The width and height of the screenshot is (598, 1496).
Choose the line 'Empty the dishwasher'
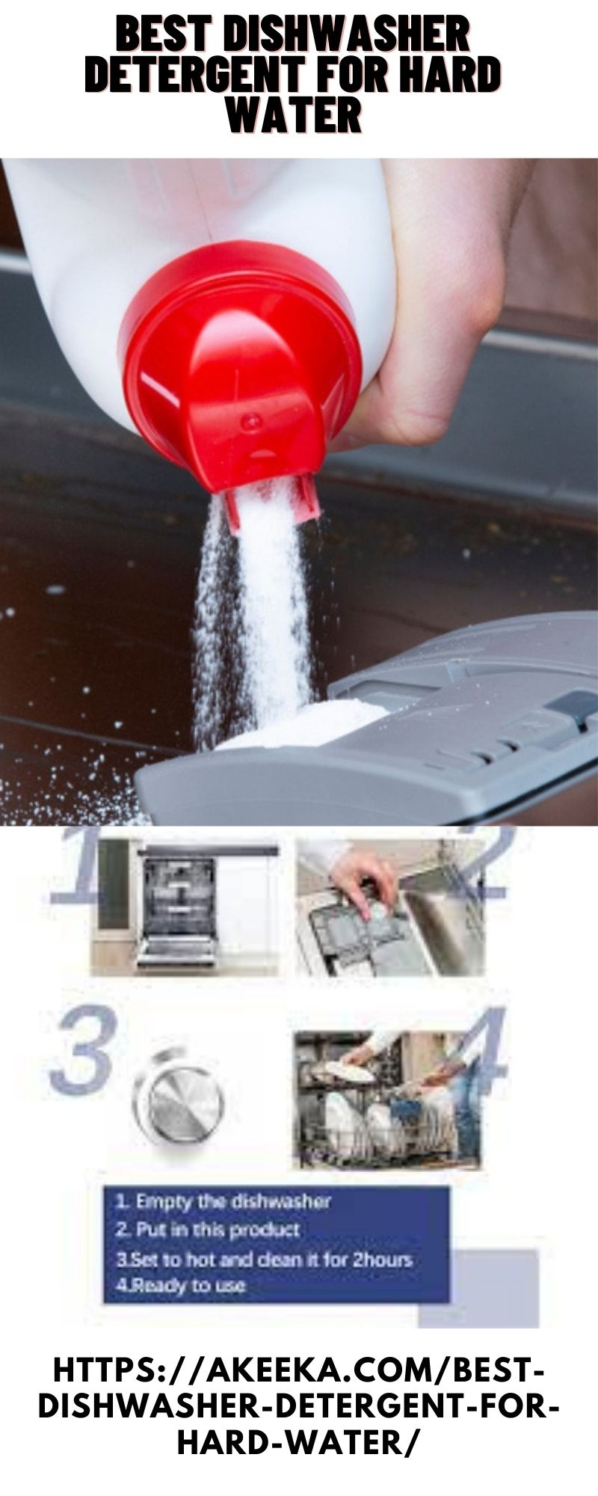223,1202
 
